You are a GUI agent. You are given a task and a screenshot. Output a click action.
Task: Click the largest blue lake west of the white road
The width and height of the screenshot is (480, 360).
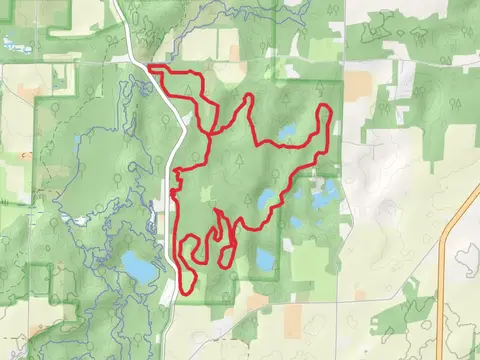(x=138, y=266)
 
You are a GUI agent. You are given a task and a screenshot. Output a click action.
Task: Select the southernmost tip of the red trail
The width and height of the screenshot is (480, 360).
(x=186, y=293)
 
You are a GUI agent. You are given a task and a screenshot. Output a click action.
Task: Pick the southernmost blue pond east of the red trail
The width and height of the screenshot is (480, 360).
(x=265, y=259)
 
